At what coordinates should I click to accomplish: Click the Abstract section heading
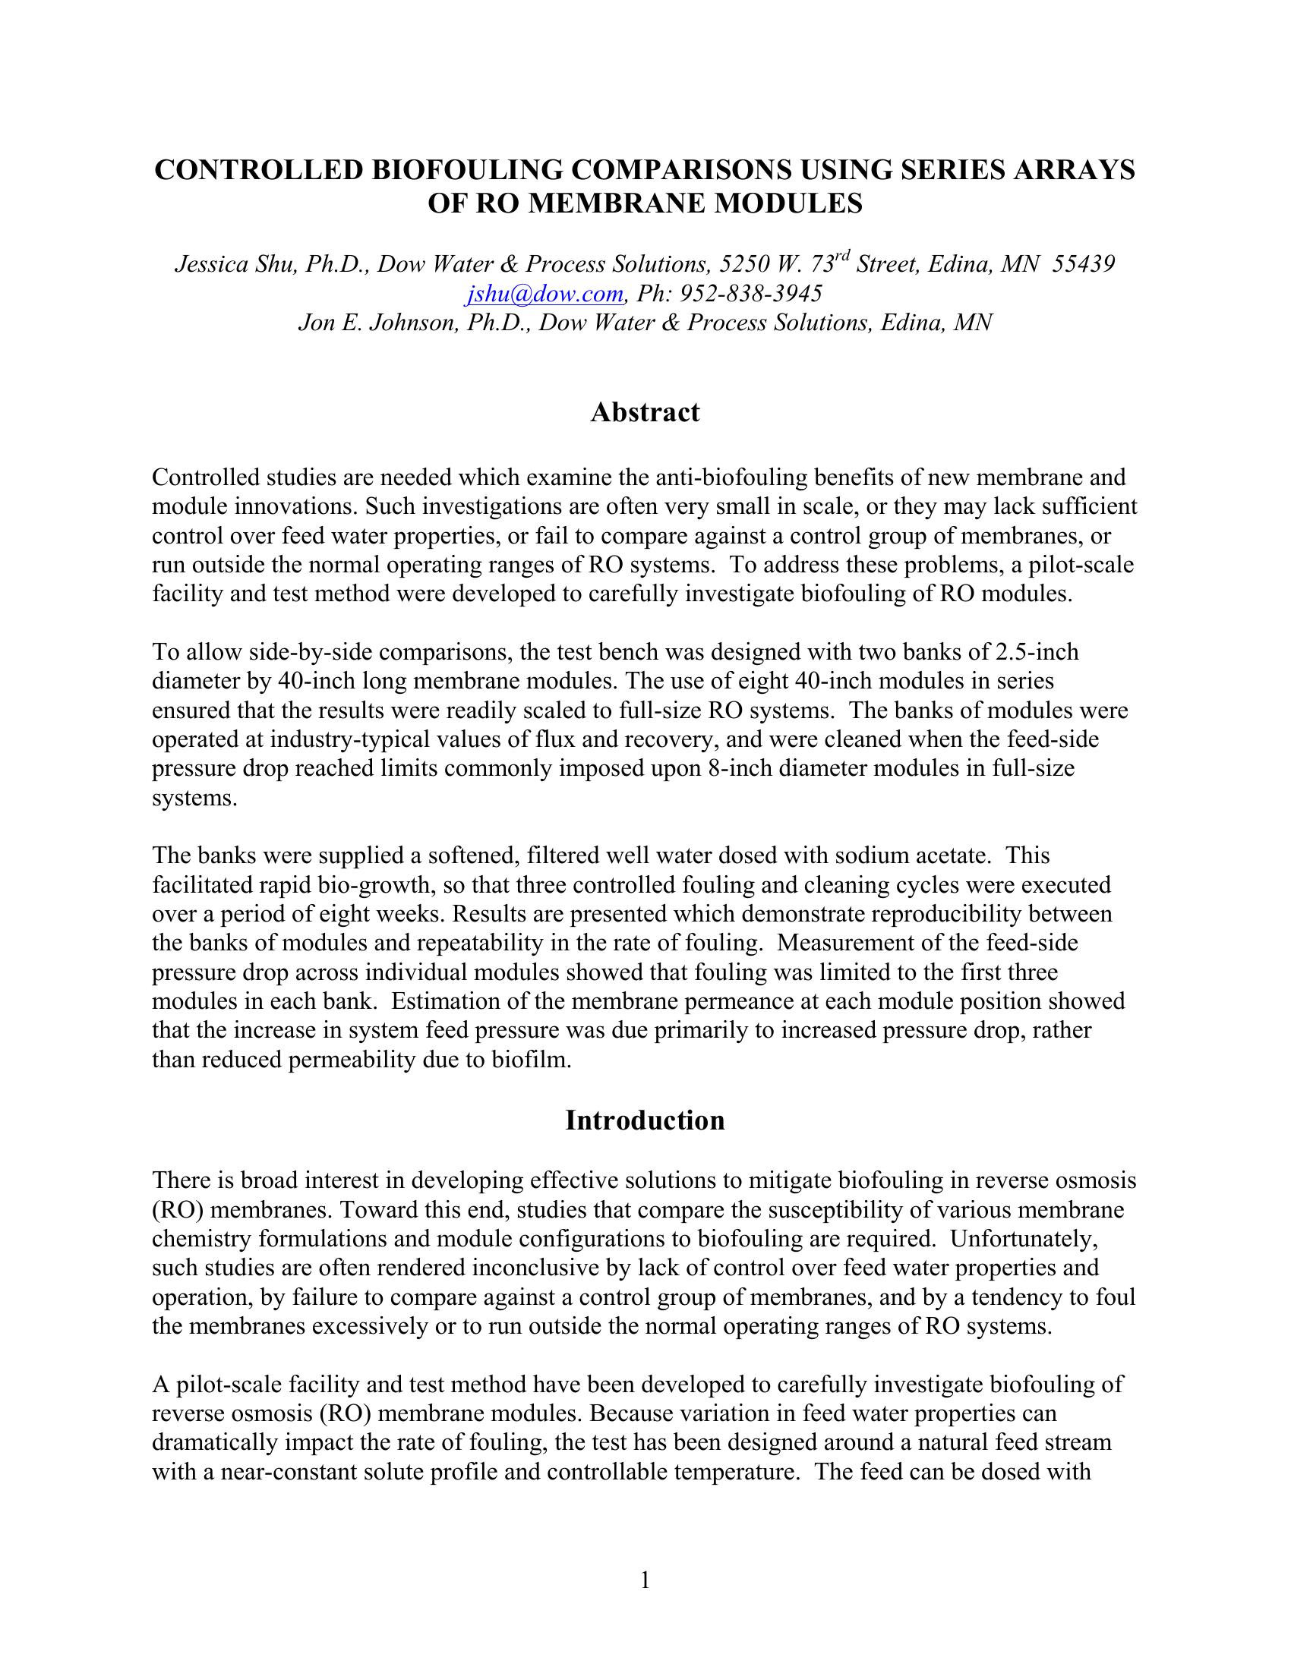click(x=645, y=413)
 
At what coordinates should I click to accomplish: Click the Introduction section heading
click(x=645, y=1120)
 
